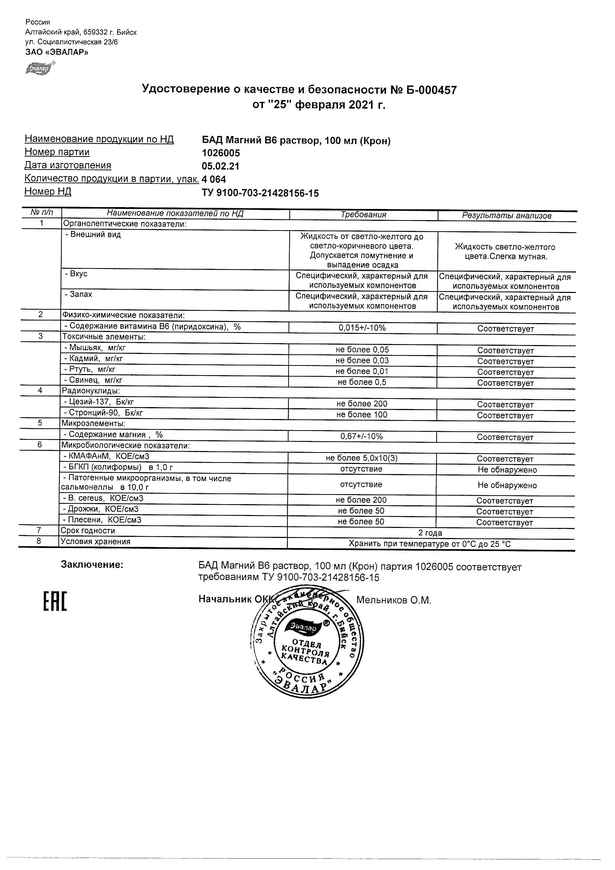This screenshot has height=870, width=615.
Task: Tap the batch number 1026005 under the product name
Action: (x=221, y=153)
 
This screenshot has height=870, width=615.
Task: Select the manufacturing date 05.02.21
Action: (x=220, y=166)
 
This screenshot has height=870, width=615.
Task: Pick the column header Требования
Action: (x=363, y=215)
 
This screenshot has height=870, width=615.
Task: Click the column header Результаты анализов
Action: (x=506, y=216)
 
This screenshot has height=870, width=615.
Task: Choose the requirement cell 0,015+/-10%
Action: (x=362, y=328)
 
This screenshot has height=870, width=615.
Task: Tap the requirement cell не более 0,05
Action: (x=362, y=350)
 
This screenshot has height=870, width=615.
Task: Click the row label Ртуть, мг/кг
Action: (x=90, y=369)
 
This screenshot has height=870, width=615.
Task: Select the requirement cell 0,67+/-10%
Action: (x=361, y=436)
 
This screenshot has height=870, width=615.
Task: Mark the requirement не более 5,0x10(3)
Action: (x=361, y=458)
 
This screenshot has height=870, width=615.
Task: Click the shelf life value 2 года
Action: (x=430, y=533)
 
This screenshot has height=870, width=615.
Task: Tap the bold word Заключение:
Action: (x=92, y=565)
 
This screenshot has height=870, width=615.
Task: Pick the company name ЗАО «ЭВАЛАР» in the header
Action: (x=57, y=52)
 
